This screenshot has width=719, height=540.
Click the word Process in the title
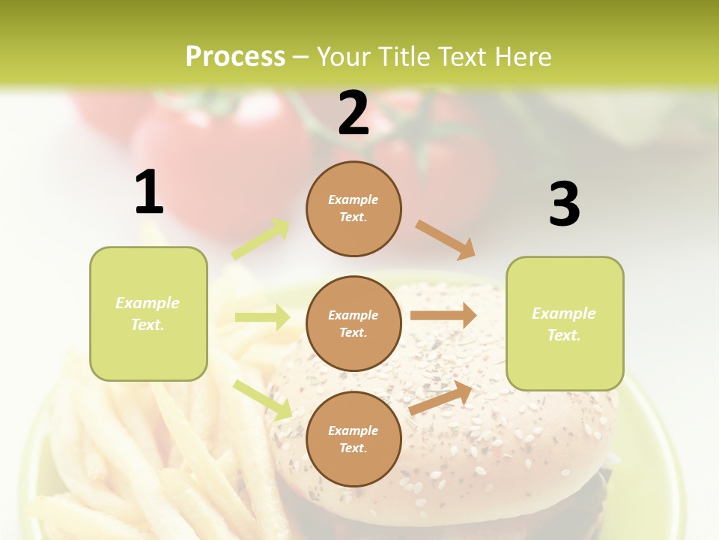[235, 57]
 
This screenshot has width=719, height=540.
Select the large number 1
[149, 192]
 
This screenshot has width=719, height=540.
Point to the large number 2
[354, 113]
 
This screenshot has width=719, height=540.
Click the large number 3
[564, 204]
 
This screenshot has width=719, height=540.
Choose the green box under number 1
[148, 313]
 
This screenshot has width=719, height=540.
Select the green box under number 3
[565, 324]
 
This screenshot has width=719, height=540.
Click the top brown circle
[354, 208]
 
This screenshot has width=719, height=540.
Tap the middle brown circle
[354, 324]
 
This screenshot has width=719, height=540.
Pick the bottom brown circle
[354, 439]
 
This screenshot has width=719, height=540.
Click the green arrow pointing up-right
[261, 239]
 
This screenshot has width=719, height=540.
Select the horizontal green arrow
[262, 317]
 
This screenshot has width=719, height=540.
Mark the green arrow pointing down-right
[263, 400]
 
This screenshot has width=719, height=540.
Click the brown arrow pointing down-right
[445, 239]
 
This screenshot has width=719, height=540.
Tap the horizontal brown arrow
[443, 316]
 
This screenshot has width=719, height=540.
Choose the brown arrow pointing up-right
[441, 398]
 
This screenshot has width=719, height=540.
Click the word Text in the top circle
[353, 217]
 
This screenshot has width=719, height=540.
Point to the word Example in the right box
[564, 313]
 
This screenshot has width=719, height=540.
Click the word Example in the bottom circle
[353, 430]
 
